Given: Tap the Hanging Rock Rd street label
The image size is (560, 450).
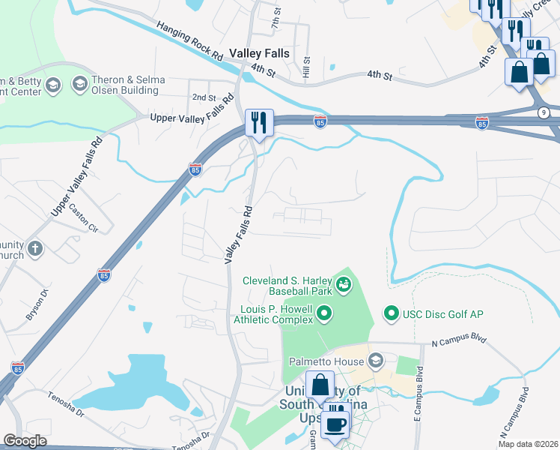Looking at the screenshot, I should coord(190,41).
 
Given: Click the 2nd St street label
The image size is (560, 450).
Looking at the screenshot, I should coord(204,98).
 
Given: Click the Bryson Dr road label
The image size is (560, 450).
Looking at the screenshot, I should coord(37,304).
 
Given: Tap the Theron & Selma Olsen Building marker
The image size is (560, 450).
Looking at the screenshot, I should coord(79,85).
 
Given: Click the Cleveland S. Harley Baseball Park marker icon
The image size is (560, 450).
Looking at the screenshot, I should coord(343,283).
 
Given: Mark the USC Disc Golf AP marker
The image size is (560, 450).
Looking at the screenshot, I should coord(390,312).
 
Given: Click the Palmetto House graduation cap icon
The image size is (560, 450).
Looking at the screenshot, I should coord(375,361).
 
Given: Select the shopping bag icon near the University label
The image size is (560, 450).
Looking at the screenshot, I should coord(320,385).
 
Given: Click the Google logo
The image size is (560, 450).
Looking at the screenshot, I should coord(25,440).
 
